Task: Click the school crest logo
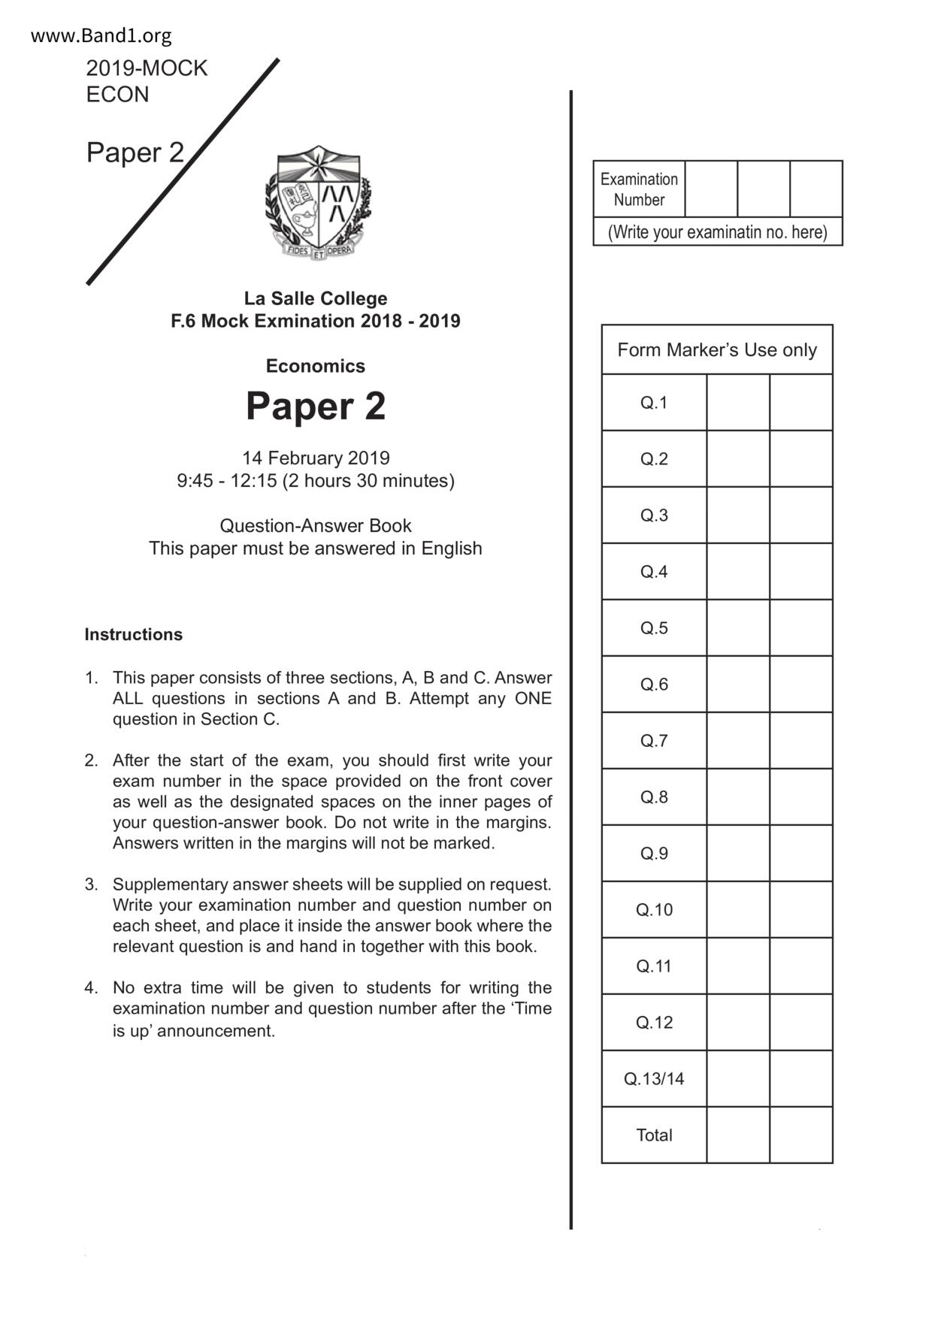(318, 202)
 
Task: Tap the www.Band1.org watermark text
(101, 35)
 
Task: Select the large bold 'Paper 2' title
(316, 406)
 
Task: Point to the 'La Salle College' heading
(316, 298)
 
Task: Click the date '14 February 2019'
(316, 458)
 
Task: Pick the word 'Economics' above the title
(316, 366)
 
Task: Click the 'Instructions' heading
(133, 634)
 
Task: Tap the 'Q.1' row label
(654, 403)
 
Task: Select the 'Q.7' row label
(654, 741)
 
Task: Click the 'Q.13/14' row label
(654, 1079)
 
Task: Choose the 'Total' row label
(654, 1135)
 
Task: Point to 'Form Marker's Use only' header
(717, 350)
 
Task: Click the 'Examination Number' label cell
(639, 189)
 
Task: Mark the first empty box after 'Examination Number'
(711, 189)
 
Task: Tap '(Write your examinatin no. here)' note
(718, 232)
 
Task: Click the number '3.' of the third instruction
(92, 884)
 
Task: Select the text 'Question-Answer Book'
(316, 525)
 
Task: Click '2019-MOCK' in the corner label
(147, 68)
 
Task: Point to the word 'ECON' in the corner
(118, 95)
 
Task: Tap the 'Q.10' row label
(654, 910)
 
